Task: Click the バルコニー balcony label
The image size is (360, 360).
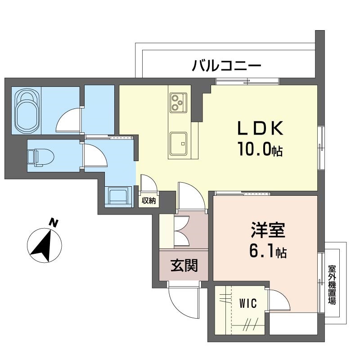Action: (227, 65)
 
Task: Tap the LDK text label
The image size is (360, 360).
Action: (260, 128)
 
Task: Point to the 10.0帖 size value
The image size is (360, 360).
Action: (260, 149)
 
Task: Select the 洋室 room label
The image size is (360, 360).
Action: (268, 230)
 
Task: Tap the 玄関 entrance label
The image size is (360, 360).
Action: (184, 265)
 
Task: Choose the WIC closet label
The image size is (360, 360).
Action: (248, 303)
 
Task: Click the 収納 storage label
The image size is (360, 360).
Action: (148, 201)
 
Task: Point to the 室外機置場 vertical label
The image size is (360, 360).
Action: (332, 285)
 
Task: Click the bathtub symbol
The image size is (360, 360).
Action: (27, 110)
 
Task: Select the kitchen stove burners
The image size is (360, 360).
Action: (178, 103)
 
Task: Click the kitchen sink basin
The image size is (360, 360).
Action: (178, 144)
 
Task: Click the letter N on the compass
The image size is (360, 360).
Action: (54, 223)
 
